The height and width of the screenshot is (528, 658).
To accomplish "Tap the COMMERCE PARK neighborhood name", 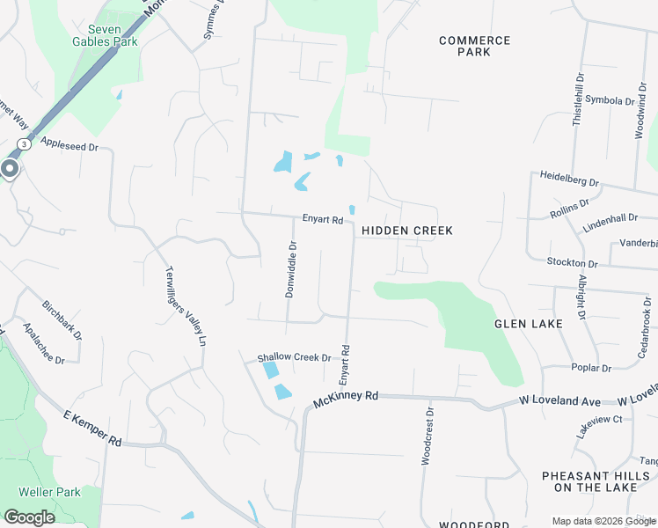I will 474,46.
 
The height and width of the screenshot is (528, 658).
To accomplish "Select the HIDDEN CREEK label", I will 407,231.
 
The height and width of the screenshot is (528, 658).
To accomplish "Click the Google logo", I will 29,517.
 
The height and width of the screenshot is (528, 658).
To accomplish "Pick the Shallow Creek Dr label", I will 294,357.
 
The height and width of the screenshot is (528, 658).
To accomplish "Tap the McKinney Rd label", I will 346,400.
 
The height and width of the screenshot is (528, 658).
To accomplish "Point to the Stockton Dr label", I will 572,262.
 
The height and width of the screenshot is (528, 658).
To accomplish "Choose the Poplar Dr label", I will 591,368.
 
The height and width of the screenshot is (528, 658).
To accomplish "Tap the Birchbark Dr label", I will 62,320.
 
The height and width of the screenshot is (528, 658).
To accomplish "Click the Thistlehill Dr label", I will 577,99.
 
